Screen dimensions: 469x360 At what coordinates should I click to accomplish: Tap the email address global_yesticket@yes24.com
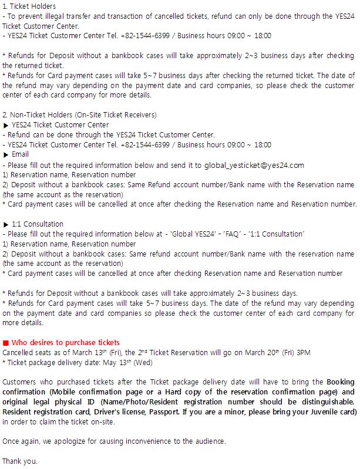pyautogui.click(x=254, y=165)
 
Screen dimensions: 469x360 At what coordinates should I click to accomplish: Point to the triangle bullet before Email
pyautogui.click(x=6, y=154)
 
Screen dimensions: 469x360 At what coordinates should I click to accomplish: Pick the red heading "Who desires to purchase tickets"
pyautogui.click(x=65, y=342)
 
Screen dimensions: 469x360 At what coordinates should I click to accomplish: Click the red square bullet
pyautogui.click(x=6, y=342)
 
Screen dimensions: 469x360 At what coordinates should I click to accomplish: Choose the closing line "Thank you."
pyautogui.click(x=20, y=461)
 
